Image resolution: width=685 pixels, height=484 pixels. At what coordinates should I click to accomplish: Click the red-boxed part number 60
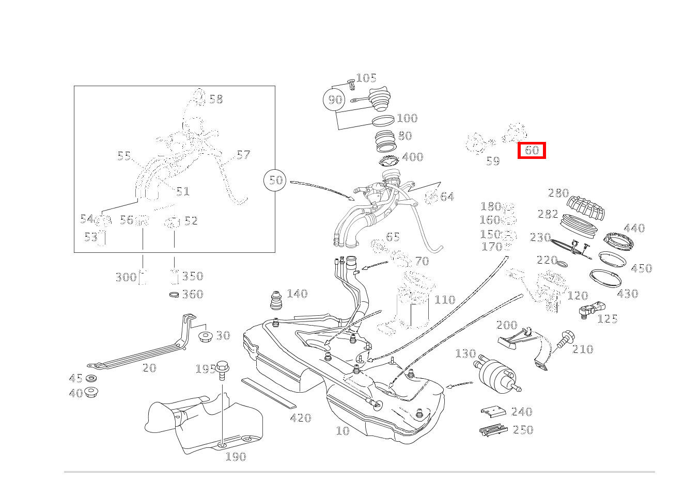coord(532,150)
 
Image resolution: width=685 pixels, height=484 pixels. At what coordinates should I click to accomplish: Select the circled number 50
coord(276,180)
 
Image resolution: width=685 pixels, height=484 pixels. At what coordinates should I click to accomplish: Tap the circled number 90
coord(335,100)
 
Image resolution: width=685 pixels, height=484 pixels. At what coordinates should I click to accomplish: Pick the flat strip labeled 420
coord(268,393)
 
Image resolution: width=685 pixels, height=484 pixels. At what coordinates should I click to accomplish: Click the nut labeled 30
coord(206,337)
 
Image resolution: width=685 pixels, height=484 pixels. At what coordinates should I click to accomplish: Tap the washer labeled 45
coord(91,379)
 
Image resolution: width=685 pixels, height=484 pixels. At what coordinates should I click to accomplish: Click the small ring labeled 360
coord(175,295)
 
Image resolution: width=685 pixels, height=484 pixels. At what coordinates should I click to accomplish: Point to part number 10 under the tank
coord(343,430)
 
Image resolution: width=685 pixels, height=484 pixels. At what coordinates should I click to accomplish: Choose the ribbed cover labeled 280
coord(586,207)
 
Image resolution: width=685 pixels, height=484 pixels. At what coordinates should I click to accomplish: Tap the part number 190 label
coord(236,457)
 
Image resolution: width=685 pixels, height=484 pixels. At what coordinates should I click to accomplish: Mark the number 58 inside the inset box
coord(216,99)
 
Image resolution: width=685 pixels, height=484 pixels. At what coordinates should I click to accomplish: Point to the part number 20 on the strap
coord(149,368)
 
